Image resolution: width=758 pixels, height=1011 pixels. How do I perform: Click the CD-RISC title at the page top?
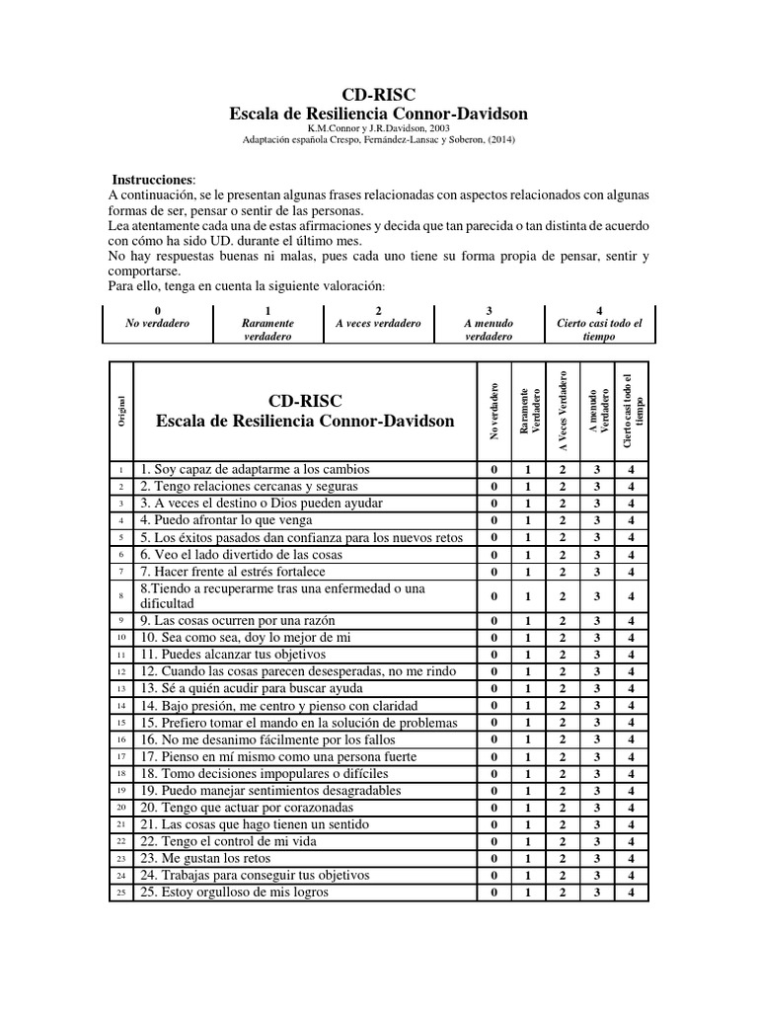click(378, 95)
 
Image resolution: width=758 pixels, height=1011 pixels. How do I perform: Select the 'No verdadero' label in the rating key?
click(158, 323)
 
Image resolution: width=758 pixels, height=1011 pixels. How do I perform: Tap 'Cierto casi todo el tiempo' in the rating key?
click(599, 330)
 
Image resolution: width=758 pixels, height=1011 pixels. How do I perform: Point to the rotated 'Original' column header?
click(120, 410)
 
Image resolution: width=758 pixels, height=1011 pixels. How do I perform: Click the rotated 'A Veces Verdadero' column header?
click(562, 410)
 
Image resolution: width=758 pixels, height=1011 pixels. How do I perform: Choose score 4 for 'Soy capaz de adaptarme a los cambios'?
click(631, 469)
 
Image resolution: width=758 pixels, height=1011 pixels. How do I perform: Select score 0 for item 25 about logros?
click(493, 892)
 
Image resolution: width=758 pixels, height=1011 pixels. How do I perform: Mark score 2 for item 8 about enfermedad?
click(562, 595)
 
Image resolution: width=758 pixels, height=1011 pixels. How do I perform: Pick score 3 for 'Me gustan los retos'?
click(596, 858)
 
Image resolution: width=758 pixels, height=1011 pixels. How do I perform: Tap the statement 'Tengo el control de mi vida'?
click(223, 841)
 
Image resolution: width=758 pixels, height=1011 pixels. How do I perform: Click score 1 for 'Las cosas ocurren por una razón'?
click(527, 621)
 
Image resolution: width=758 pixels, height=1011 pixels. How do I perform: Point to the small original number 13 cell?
click(120, 688)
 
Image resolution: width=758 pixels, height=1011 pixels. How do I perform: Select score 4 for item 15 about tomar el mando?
click(631, 722)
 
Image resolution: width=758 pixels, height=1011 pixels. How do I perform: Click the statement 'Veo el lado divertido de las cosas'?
click(244, 554)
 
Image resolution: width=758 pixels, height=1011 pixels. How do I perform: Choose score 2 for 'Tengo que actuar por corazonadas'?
click(562, 807)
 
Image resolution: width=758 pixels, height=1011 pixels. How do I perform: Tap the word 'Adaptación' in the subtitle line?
click(268, 140)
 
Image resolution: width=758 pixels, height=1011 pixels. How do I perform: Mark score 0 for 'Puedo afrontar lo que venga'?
click(493, 519)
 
